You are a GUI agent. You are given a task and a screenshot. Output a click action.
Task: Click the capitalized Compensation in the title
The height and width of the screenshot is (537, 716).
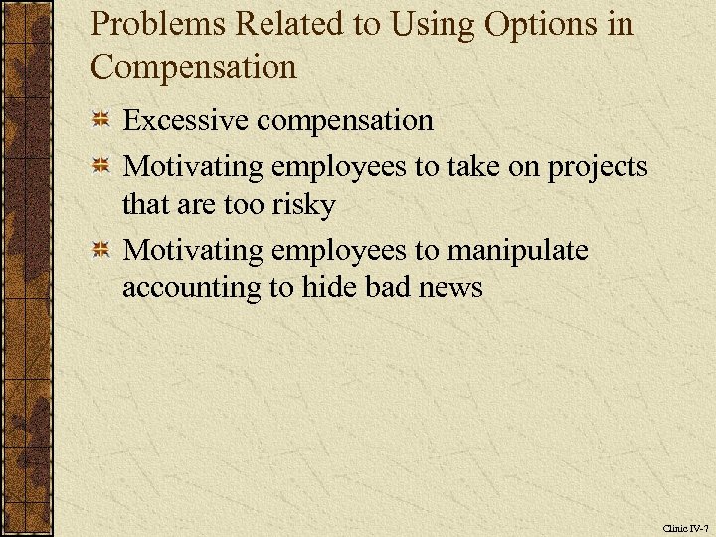point(193,68)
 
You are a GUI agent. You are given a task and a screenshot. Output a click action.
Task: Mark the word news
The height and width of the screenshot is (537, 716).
point(447,288)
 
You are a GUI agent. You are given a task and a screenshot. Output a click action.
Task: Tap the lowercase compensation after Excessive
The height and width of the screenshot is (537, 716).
point(344,121)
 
